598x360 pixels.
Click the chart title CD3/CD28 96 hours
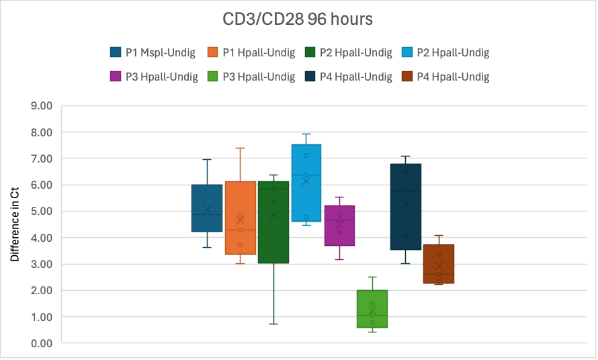tap(298, 19)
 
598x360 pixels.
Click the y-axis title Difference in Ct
tap(15, 224)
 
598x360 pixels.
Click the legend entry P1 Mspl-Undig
tap(153, 52)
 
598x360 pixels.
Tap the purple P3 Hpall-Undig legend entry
tap(153, 77)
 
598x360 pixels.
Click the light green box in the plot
tap(372, 309)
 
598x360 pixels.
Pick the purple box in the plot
tap(339, 226)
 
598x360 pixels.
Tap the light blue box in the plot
tap(306, 183)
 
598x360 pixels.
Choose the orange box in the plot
tap(240, 218)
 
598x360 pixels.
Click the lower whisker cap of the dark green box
tap(273, 324)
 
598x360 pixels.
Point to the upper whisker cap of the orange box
tap(240, 148)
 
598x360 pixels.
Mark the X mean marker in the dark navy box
tap(405, 204)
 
